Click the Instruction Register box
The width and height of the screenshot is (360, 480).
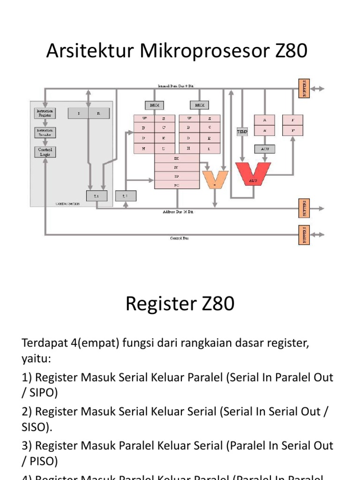point(45,113)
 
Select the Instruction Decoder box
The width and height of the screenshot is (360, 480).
point(45,132)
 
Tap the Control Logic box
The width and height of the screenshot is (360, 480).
point(45,151)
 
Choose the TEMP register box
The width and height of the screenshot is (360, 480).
point(242,132)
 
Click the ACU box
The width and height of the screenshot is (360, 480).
point(265,149)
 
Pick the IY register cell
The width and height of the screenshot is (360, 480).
point(176,167)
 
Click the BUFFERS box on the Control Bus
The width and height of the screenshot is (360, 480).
point(304,234)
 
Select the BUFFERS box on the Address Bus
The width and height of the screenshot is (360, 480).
point(304,208)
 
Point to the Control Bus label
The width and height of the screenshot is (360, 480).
point(179,238)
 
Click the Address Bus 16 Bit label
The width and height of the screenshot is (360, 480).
point(178,212)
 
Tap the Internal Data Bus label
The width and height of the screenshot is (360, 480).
point(176,86)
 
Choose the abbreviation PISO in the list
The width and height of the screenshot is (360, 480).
point(40,461)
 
